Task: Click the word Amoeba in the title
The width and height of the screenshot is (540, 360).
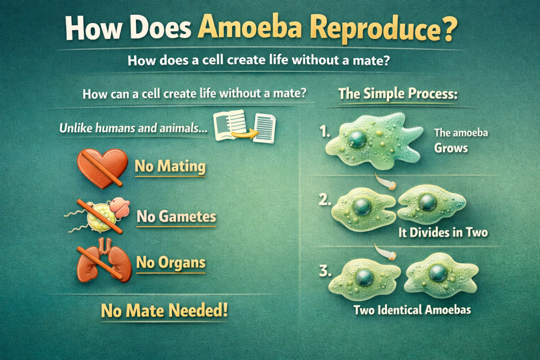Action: (250, 27)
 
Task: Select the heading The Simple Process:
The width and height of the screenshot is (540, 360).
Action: (398, 94)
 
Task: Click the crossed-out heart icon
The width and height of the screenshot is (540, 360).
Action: (102, 168)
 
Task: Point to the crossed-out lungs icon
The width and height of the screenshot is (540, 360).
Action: (104, 260)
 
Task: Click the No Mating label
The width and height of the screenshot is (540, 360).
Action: (170, 166)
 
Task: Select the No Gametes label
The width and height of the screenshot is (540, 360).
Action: (176, 217)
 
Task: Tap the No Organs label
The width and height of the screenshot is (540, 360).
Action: (171, 262)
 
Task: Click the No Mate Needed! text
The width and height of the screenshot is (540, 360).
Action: (165, 310)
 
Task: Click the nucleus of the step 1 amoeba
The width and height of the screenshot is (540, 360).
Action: (357, 139)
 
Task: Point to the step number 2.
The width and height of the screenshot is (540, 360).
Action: (325, 199)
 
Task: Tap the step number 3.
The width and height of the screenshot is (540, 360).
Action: (325, 271)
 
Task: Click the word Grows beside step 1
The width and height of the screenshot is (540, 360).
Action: (451, 148)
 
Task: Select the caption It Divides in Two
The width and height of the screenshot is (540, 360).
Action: (443, 232)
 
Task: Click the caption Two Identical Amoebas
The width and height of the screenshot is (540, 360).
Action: (412, 310)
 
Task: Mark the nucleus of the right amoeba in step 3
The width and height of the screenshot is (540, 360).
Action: (438, 273)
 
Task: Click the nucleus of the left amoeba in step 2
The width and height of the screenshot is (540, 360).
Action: (362, 207)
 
